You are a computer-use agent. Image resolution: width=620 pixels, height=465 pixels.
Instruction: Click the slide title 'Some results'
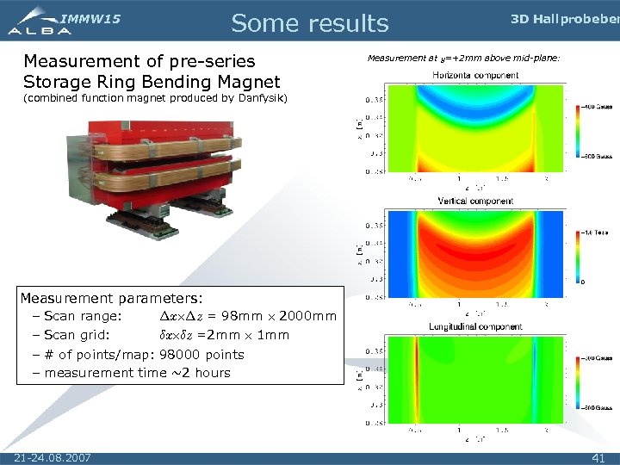310,23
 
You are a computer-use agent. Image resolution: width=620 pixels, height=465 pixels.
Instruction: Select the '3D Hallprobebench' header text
564,19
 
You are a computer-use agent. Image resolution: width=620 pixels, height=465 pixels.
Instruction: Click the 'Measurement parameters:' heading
111,299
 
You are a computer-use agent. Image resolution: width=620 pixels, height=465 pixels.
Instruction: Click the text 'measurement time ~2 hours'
137,373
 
